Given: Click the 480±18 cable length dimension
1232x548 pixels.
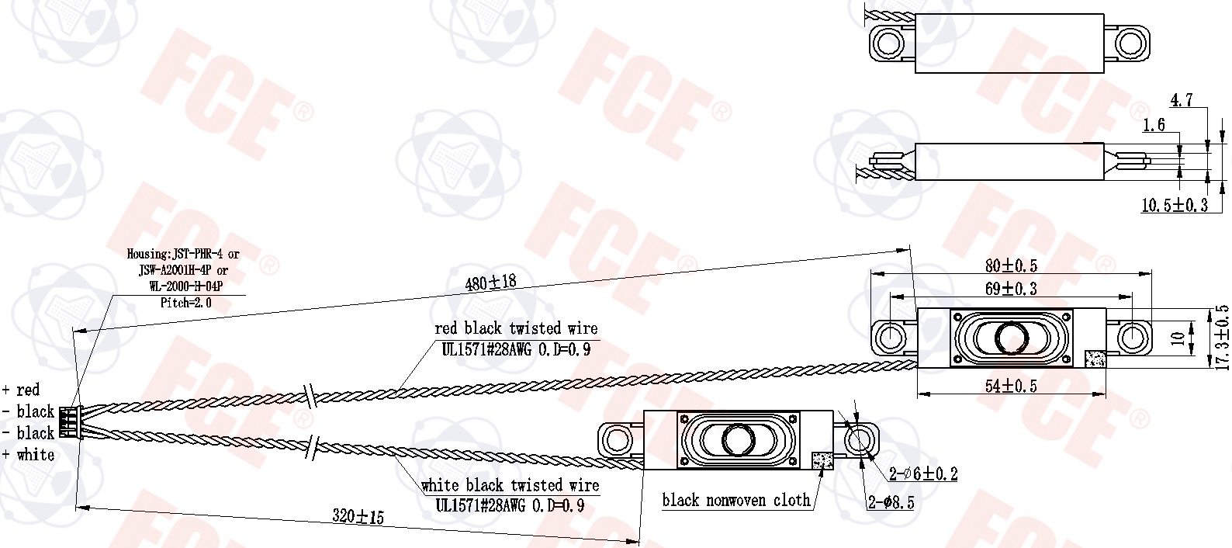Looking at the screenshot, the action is [490, 283].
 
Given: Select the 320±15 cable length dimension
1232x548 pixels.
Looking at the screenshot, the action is [358, 516].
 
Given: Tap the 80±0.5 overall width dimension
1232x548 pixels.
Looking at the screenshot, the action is [1011, 265].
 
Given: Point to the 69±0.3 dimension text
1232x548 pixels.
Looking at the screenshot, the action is [1011, 288].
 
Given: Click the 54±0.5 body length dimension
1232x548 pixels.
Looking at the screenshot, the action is [1011, 386].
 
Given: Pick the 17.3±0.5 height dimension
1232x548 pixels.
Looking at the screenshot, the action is [1222, 338].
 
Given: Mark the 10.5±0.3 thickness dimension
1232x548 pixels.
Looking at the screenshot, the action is [1175, 205].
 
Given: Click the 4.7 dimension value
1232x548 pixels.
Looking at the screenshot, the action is [1181, 99].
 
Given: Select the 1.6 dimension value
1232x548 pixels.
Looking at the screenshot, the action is [1154, 125].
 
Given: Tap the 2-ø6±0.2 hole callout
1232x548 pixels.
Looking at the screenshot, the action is [923, 473].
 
